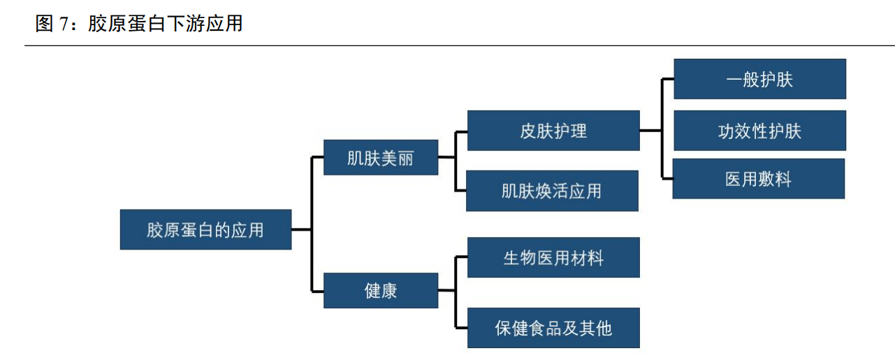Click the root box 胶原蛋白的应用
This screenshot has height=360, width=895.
pyautogui.click(x=205, y=229)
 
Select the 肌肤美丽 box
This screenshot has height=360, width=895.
pyautogui.click(x=381, y=157)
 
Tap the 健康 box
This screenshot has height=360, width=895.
pyautogui.click(x=381, y=290)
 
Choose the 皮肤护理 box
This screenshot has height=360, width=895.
pyautogui.click(x=553, y=131)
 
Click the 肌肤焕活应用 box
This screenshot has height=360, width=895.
pyautogui.click(x=552, y=191)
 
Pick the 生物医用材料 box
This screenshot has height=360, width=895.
pyautogui.click(x=553, y=257)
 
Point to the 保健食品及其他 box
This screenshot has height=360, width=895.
pyautogui.click(x=553, y=328)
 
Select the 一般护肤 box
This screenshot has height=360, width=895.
pyautogui.click(x=759, y=79)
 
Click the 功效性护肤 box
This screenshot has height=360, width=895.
pyautogui.click(x=759, y=131)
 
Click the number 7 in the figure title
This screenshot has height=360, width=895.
pyautogui.click(x=64, y=24)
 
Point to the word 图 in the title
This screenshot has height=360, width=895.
pyautogui.click(x=44, y=24)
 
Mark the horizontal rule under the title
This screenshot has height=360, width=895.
pyautogui.click(x=447, y=46)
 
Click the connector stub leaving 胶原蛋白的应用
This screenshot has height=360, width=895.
pyautogui.click(x=301, y=229)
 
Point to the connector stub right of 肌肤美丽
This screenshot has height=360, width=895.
pyautogui.click(x=446, y=157)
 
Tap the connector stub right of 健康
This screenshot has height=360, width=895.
pyautogui.click(x=446, y=290)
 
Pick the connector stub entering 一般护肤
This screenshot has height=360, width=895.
pyautogui.click(x=667, y=79)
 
